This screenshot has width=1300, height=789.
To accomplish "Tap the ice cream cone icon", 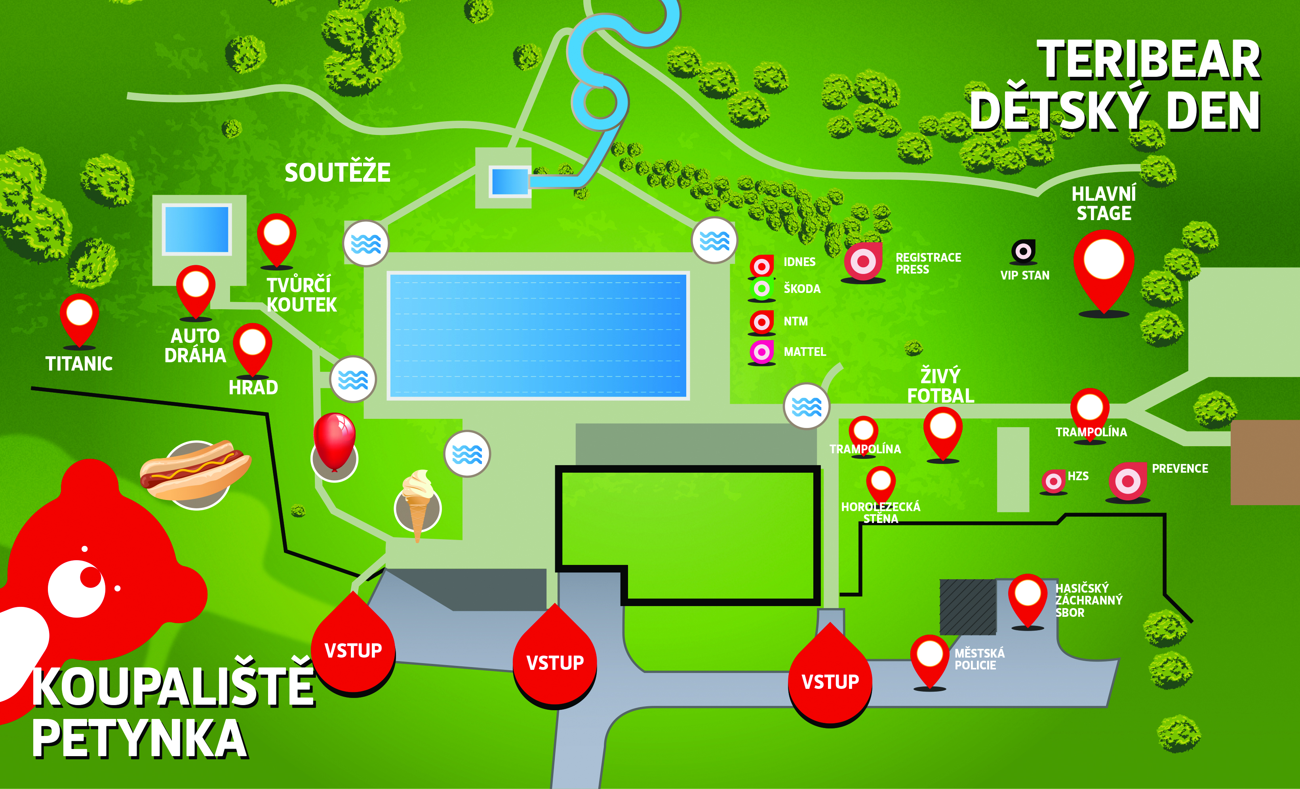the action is (418, 503).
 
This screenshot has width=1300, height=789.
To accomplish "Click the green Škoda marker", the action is (761, 289).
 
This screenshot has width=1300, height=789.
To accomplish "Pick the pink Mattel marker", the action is (762, 352).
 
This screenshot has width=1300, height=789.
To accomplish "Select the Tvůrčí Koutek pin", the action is (276, 240).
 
